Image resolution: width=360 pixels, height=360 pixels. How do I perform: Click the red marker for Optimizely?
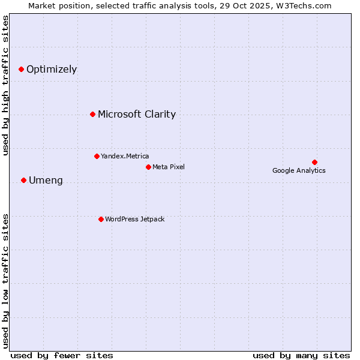coord(21,70)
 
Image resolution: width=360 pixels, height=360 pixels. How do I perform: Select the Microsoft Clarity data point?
coord(92,114)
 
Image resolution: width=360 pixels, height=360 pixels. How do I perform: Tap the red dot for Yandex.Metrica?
coord(97,156)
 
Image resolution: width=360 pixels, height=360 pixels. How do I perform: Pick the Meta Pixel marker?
coord(148,167)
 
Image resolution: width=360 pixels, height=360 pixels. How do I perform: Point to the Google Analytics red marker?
coord(314,162)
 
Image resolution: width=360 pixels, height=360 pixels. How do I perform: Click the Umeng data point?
coord(23,180)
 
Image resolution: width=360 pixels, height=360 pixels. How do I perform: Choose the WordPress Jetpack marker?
coord(101,219)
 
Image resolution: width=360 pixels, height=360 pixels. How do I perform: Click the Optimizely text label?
coord(52,70)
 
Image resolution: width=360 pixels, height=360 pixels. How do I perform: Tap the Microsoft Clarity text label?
coord(137,115)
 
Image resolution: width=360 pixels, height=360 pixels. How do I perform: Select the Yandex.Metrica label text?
coord(125,156)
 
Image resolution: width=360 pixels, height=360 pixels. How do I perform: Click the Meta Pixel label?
coord(169,167)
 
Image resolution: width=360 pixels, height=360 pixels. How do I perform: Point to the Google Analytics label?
coord(299,170)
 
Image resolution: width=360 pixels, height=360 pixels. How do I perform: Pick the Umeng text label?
coord(46,181)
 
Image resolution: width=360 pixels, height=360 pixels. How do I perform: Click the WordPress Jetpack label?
coord(134,219)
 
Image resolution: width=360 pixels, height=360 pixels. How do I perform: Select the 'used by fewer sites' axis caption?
coord(62,355)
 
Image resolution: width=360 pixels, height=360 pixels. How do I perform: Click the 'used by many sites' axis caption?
coord(301,355)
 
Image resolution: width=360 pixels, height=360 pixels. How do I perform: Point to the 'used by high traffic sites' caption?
coord(5,85)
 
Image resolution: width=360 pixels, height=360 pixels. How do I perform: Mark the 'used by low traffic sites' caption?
coord(5,280)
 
